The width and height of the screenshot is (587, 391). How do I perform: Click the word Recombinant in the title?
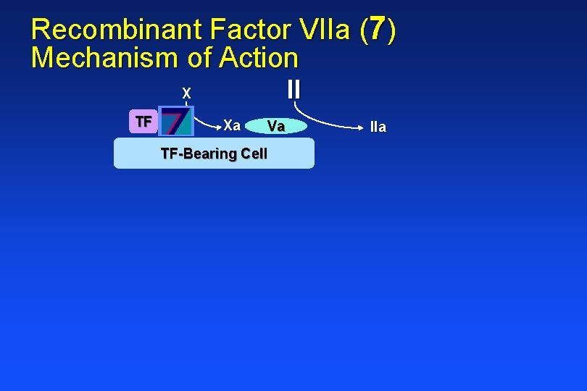pyautogui.click(x=117, y=30)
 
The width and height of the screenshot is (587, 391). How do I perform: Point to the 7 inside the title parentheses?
pyautogui.click(x=377, y=30)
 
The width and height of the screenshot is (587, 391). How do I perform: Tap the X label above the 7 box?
pyautogui.click(x=186, y=93)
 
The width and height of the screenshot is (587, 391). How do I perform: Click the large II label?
pyautogui.click(x=293, y=89)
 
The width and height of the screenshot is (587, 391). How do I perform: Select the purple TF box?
pyautogui.click(x=143, y=122)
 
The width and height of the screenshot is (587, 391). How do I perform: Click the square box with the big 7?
pyautogui.click(x=176, y=122)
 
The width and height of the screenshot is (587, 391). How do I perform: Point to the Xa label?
pyautogui.click(x=232, y=125)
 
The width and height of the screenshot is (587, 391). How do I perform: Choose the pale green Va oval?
pyautogui.click(x=276, y=127)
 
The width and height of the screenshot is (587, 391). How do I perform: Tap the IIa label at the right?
pyautogui.click(x=378, y=127)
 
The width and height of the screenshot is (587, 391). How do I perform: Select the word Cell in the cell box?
pyautogui.click(x=254, y=154)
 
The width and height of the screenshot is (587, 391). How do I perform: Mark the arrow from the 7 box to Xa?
pyautogui.click(x=207, y=123)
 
